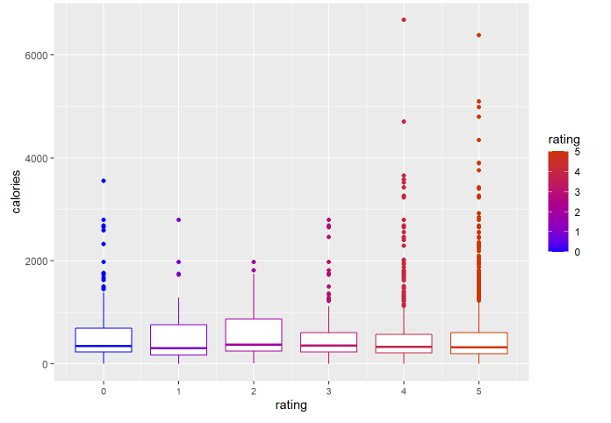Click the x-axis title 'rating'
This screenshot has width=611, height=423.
[291, 405]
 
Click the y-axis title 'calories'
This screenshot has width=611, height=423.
[16, 192]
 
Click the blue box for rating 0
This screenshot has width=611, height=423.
[104, 340]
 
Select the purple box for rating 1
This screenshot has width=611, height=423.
[178, 340]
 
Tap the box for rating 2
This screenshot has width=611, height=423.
[254, 335]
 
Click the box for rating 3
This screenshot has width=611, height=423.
[328, 342]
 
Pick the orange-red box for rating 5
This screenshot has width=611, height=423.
[478, 343]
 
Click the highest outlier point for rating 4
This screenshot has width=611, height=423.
[404, 19]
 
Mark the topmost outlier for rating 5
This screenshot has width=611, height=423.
[478, 35]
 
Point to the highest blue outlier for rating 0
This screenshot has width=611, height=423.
[104, 181]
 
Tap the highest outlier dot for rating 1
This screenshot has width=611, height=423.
[178, 219]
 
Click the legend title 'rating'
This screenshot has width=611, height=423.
[562, 140]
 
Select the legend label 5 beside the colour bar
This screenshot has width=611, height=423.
[578, 151]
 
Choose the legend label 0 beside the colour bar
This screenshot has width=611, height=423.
[578, 251]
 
